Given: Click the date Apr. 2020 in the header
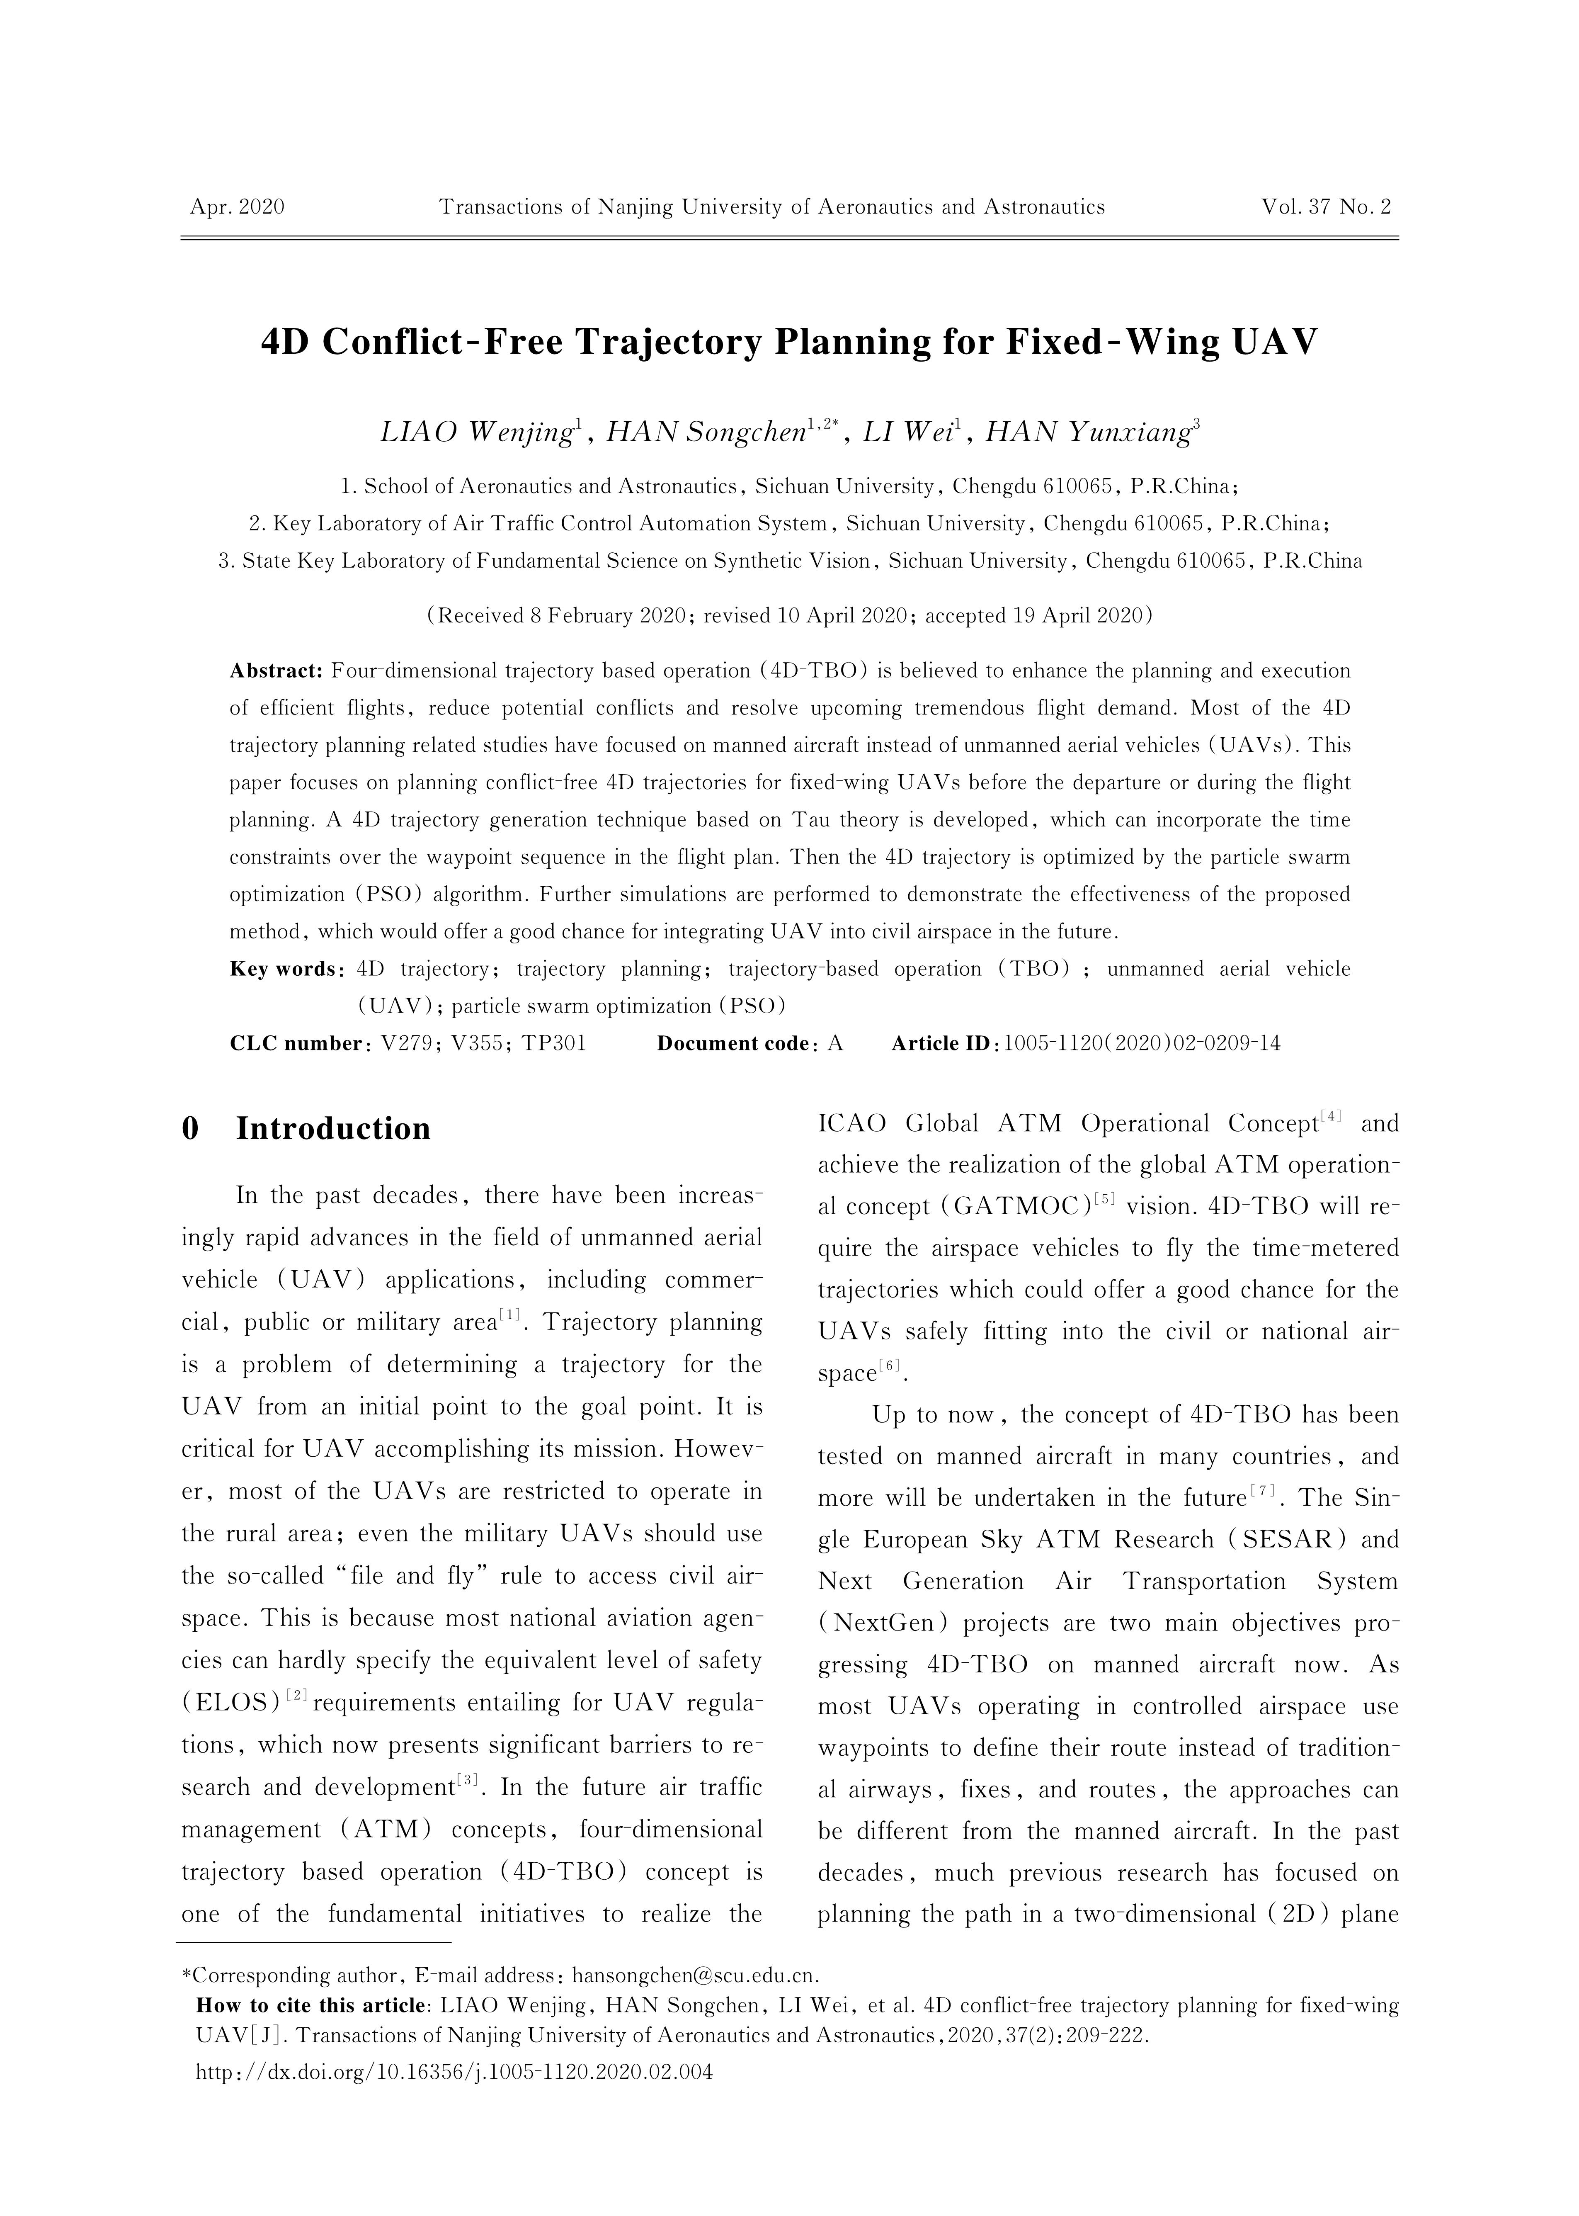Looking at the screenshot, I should (237, 207).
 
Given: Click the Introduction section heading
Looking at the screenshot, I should (332, 1128).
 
